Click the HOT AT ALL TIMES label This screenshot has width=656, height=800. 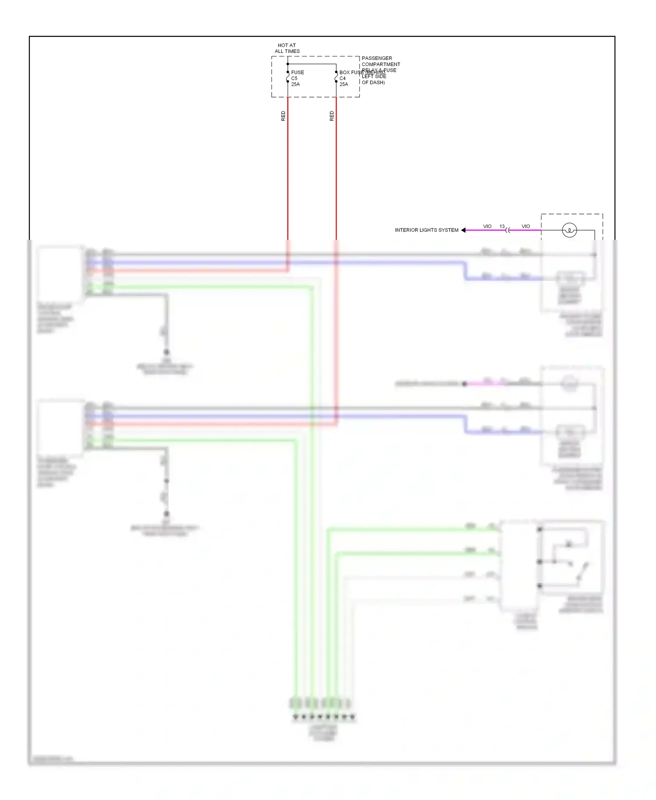coord(287,48)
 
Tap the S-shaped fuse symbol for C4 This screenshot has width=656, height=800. coord(336,77)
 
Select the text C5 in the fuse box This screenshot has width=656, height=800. coord(294,78)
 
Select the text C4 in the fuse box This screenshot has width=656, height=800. coord(342,78)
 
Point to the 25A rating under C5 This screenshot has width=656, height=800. coord(296,84)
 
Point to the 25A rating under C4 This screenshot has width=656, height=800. coord(344,84)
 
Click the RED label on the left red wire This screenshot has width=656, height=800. coord(283,116)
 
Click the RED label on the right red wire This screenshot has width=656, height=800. coord(331,116)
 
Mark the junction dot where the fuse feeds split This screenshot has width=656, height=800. coord(288,64)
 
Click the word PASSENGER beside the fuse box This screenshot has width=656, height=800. coord(377,58)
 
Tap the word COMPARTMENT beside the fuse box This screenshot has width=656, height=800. coord(380,64)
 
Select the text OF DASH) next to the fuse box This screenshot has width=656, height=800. coord(373,82)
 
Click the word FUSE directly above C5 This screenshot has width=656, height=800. coord(297,72)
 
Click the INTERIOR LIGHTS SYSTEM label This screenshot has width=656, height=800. coord(426,230)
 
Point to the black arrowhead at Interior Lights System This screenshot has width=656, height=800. coord(463,230)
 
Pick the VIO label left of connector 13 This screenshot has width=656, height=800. coord(487,226)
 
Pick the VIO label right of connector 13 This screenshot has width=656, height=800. coord(526,226)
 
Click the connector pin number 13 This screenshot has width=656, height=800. coord(502,226)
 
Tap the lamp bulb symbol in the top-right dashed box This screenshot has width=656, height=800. coord(569,230)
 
